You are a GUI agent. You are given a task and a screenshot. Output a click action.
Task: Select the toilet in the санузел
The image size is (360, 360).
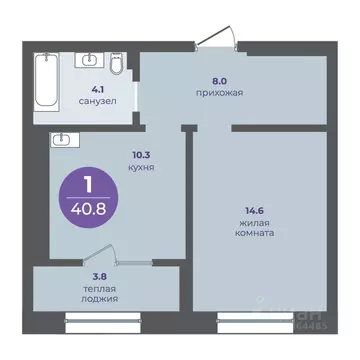click(117, 68)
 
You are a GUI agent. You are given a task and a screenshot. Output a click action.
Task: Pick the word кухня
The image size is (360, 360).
click(141, 169)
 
